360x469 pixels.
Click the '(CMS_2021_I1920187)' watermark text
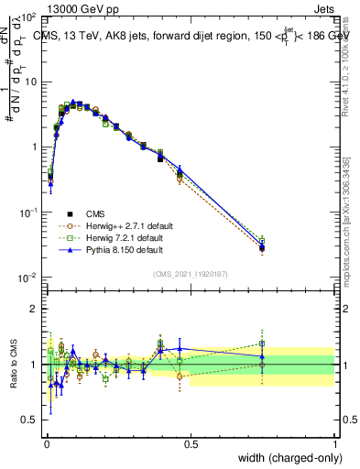[191, 274]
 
